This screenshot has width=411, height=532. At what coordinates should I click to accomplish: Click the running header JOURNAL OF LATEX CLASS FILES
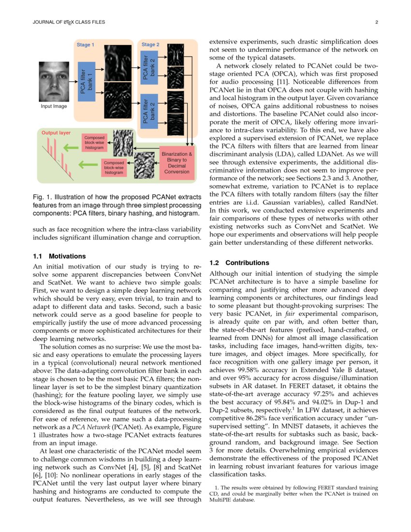[x=68, y=22]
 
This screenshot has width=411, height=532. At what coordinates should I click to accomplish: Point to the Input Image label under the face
[x=54, y=106]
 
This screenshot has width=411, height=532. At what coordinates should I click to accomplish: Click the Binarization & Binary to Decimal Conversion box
[x=176, y=163]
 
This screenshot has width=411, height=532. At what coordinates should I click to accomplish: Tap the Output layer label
[x=56, y=132]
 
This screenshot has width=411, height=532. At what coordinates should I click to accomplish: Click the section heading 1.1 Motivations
[x=59, y=256]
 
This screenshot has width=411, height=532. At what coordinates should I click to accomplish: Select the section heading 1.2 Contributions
[x=239, y=263]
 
